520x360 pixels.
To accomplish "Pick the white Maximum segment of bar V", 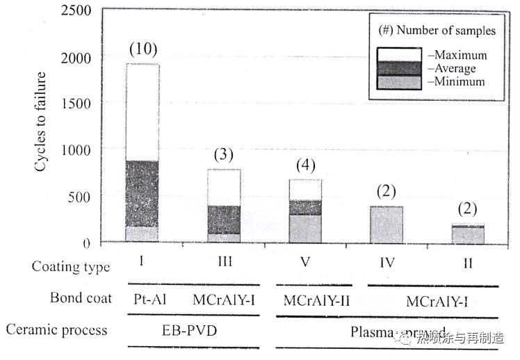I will pos(305,190).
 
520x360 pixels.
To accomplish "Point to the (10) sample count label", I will pos(143,49).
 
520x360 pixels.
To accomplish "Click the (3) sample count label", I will pos(222,155).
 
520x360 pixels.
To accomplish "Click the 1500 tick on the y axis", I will pos(76,103).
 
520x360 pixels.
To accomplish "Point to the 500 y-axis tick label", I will pos(81,197).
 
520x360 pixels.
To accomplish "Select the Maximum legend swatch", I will pos(398,54).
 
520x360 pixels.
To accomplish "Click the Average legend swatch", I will pos(398,67).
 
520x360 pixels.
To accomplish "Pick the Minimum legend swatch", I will pos(398,81).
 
